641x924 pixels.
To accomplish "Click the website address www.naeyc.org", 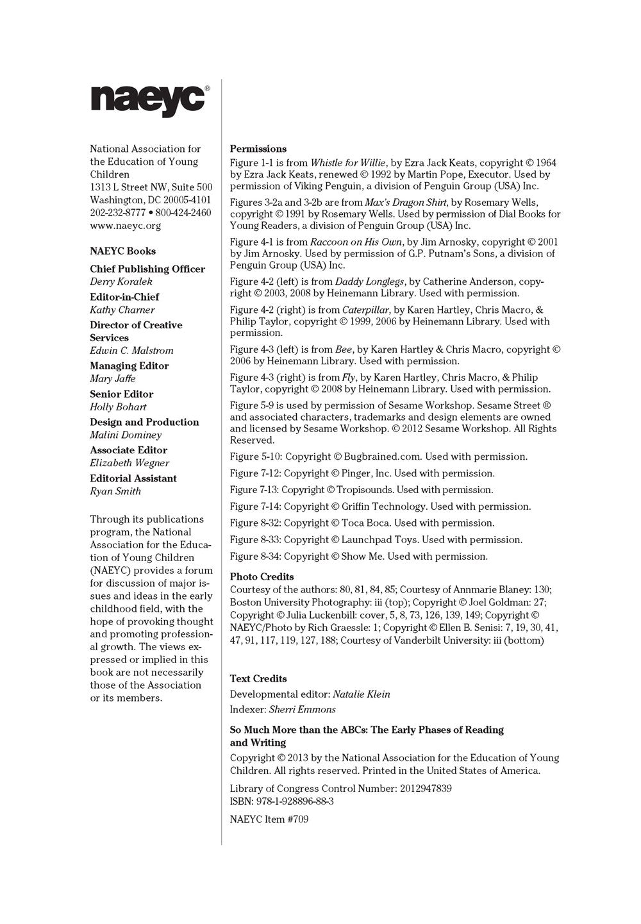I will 126,226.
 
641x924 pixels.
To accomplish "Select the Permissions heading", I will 258,149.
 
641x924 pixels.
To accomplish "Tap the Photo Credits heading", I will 262,576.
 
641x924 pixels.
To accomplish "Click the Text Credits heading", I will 258,678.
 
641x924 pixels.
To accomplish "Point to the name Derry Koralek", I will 121,281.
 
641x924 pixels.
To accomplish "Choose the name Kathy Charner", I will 122,310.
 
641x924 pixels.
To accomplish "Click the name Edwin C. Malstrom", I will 131,351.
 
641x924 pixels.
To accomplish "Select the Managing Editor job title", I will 129,365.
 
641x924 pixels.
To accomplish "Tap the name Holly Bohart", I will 118,407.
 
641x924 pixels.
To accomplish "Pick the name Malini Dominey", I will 126,435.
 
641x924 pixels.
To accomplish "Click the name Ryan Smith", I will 115,491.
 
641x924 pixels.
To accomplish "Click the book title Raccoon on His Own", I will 356,242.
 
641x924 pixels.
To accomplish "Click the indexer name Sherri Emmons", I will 302,709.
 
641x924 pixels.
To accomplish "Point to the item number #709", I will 297,819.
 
